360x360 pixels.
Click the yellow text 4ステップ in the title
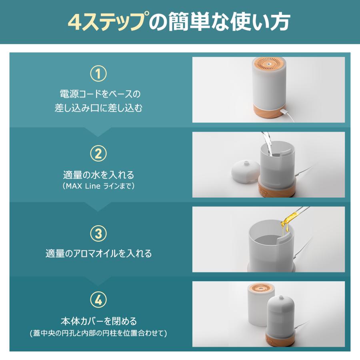click(106, 22)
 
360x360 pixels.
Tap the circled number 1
click(98, 74)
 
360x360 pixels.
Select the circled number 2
click(98, 153)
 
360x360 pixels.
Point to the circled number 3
click(98, 233)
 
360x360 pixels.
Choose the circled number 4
click(98, 300)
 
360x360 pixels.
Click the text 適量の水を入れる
click(98, 175)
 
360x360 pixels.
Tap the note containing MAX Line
click(98, 186)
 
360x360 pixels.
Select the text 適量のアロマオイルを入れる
click(98, 254)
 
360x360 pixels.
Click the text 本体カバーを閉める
click(98, 321)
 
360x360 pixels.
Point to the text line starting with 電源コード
click(98, 94)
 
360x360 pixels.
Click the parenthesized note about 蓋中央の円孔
click(98, 333)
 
